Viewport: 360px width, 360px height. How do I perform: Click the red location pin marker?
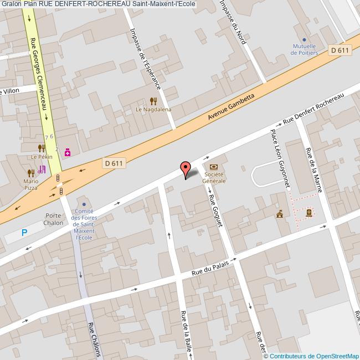(x=185, y=168)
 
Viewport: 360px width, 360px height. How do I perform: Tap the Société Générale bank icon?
(x=214, y=167)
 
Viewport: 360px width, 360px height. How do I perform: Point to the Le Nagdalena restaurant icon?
(x=153, y=101)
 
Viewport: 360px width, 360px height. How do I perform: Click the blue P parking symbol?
(x=24, y=233)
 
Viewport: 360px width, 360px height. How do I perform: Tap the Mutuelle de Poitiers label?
(x=305, y=49)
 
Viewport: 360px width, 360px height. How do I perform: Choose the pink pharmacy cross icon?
(x=68, y=151)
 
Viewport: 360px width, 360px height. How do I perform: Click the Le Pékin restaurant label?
(x=41, y=157)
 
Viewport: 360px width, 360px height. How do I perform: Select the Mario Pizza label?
(x=30, y=184)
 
